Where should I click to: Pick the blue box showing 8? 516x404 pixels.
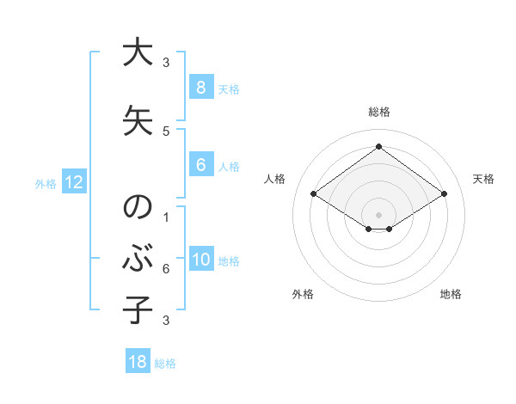(200, 88)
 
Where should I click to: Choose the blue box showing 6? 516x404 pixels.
(200, 165)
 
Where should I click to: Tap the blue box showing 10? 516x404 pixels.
(200, 260)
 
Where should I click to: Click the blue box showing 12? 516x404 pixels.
(73, 182)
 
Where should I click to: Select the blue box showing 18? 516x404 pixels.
(138, 362)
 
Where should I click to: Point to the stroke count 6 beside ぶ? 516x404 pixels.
(166, 269)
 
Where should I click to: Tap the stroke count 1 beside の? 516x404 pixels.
(166, 217)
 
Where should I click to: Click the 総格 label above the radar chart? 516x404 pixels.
(378, 112)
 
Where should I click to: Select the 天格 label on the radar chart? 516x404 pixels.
(483, 179)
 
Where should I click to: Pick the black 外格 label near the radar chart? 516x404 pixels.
(303, 294)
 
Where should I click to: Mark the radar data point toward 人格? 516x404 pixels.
(313, 194)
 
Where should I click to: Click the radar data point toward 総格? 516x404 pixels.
(378, 147)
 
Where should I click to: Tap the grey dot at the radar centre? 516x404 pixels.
(378, 213)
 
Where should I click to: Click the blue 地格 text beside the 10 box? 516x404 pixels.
(229, 261)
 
